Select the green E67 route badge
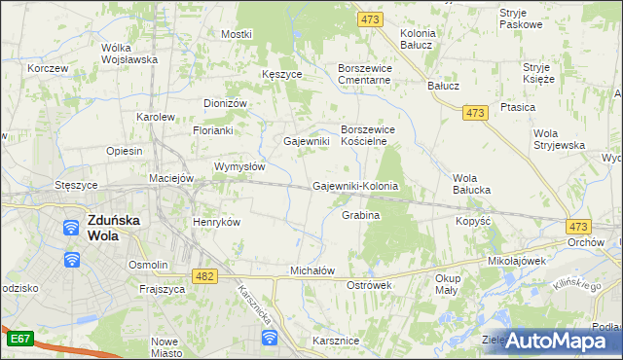click(19, 339)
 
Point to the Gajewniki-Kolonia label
click(356, 185)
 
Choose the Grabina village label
click(360, 214)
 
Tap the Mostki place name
click(236, 34)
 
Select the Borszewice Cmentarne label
click(363, 74)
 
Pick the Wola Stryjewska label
click(559, 138)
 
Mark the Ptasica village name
click(545, 107)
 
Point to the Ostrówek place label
click(369, 285)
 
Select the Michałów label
click(312, 270)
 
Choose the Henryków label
click(216, 222)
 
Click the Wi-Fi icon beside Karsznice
click(270, 338)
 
